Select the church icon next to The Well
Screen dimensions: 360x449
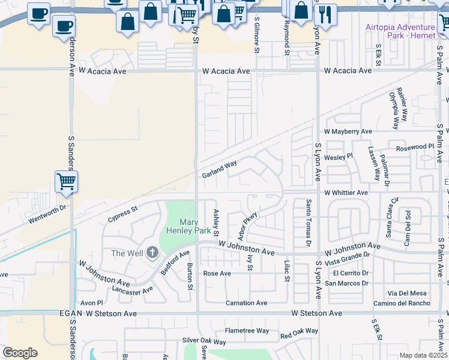tap(152, 253)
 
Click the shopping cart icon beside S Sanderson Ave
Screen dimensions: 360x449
tap(66, 181)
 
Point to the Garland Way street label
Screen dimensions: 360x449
tap(219, 169)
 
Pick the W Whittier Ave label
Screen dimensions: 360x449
tap(346, 193)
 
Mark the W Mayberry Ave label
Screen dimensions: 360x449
tap(348, 131)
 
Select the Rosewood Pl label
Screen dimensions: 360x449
tap(415, 147)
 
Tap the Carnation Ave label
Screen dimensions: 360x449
tap(246, 303)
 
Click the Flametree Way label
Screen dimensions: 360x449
tap(247, 331)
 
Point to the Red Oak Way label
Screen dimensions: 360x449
tap(298, 332)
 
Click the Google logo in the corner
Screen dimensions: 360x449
tap(20, 353)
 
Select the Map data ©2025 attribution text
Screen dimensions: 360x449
tap(423, 355)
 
